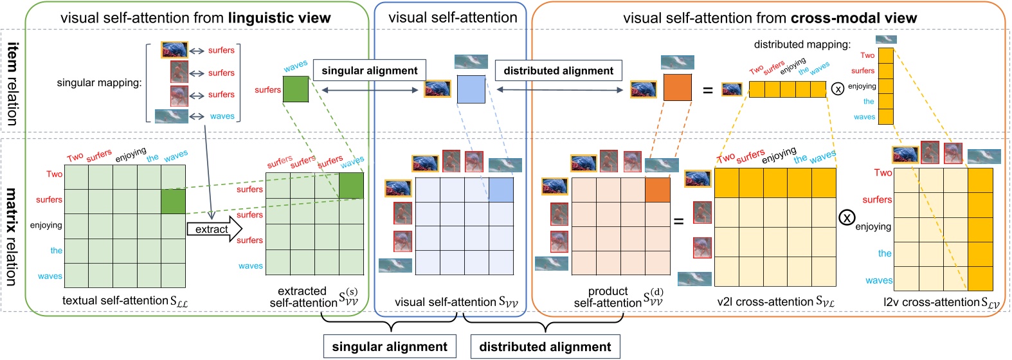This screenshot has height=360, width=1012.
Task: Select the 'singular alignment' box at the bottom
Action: click(389, 346)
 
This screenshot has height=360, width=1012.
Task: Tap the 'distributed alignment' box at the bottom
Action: click(545, 346)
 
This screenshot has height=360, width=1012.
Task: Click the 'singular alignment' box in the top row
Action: click(369, 71)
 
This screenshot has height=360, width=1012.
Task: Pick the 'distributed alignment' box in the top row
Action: click(558, 71)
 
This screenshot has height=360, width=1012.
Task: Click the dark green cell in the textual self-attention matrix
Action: click(173, 201)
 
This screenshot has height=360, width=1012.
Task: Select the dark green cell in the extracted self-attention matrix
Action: click(351, 185)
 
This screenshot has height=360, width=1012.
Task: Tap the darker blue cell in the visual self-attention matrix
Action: click(501, 190)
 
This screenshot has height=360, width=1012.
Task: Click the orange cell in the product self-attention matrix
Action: click(658, 190)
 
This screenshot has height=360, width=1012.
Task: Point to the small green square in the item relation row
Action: click(296, 89)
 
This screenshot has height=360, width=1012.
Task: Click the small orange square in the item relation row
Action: click(678, 88)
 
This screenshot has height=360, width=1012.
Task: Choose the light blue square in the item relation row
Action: click(471, 89)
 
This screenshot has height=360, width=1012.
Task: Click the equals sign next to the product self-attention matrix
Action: click(678, 222)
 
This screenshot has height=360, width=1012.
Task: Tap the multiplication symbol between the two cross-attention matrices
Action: click(847, 218)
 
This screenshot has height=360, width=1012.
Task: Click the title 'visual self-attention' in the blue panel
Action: click(453, 17)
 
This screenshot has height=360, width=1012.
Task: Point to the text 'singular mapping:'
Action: click(99, 82)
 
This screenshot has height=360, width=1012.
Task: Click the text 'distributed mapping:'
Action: click(802, 44)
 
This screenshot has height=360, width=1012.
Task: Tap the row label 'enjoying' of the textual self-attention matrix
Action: click(46, 226)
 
